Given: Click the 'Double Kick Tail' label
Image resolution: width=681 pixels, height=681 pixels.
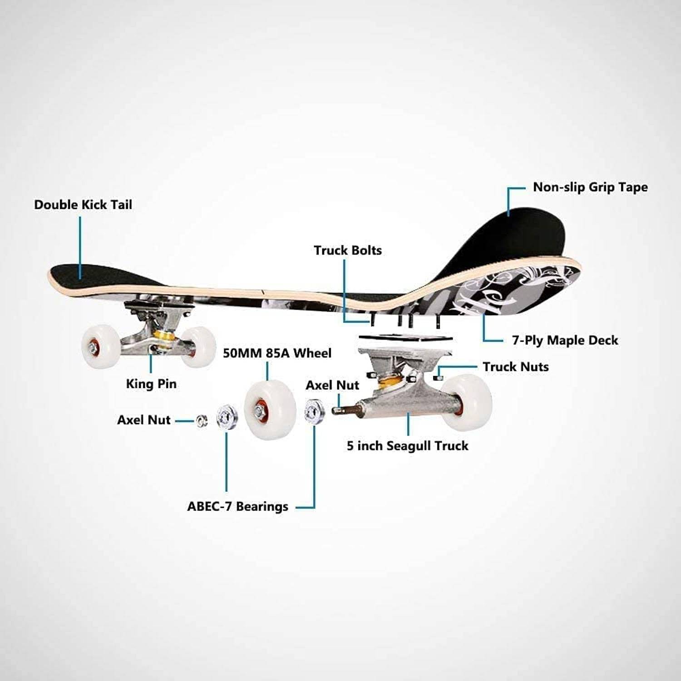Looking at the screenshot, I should pos(83,205).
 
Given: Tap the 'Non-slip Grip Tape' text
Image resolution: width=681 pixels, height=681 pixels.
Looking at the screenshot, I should pos(590,187).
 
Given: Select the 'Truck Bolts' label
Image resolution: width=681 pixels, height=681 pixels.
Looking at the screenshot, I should pos(348,250).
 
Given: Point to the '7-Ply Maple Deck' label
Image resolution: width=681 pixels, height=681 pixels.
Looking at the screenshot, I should pos(565,340).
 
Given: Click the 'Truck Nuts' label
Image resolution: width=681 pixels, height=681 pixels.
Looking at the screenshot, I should pos(515,366).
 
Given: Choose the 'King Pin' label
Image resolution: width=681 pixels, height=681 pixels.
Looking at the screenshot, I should pos(151,384).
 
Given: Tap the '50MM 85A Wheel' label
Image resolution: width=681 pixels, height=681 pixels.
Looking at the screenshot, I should pos(277,353).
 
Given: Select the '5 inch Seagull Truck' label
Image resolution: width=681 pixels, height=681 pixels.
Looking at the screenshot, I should pos(407,445).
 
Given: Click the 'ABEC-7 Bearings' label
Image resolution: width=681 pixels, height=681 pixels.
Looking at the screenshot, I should pos(237,506).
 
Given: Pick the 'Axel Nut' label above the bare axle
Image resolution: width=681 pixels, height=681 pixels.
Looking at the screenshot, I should pos(332,385).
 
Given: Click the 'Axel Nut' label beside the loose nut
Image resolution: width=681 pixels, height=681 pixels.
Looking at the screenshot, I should pos(144,420).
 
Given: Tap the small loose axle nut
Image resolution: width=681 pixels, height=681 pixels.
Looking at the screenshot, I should pos(202,421).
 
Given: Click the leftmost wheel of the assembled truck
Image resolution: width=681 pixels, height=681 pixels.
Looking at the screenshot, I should pos(101,346).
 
